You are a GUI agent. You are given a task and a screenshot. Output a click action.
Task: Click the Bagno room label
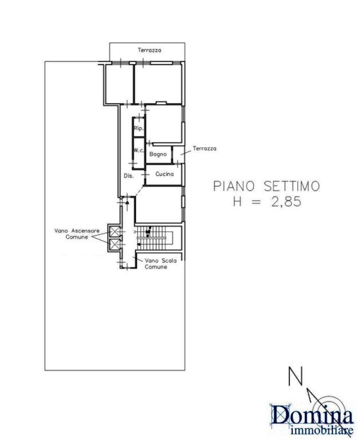(x=158, y=154)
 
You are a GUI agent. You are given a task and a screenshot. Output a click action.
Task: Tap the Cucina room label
(x=165, y=174)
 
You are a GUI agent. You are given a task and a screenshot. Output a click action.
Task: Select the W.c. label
(x=139, y=151)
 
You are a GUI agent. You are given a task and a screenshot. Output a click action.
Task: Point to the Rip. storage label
(x=139, y=128)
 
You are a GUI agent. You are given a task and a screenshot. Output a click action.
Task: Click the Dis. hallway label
(x=129, y=176)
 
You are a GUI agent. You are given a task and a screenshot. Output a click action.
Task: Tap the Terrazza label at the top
(x=149, y=50)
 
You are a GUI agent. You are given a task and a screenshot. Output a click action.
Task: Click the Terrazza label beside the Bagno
(x=204, y=148)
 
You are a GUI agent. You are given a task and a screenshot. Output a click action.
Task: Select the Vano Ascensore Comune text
(x=77, y=234)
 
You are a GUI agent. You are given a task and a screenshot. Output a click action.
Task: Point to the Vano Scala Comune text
(x=160, y=264)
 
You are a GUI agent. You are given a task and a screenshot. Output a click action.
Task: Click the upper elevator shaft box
(x=114, y=231)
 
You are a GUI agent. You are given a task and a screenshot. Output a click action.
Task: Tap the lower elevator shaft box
(x=114, y=244)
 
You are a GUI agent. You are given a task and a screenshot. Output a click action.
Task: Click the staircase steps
(x=153, y=238)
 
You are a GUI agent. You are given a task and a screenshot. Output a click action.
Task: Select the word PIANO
(x=234, y=186)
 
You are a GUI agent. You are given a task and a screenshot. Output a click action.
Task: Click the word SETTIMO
(x=291, y=186)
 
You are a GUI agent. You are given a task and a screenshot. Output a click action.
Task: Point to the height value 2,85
(x=286, y=201)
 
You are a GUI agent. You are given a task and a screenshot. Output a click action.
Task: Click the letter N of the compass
(x=296, y=376)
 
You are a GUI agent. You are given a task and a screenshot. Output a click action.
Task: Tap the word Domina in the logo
(x=311, y=415)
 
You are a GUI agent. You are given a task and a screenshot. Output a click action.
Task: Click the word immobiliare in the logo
(x=322, y=431)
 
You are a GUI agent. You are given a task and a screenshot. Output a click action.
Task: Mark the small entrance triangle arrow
(x=127, y=202)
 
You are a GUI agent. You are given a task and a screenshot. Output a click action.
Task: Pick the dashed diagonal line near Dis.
(x=140, y=191)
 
